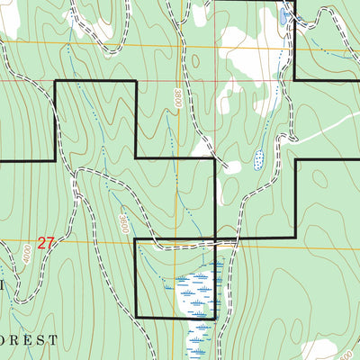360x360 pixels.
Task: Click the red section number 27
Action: (x=47, y=242)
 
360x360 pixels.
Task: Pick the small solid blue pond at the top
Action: (x=283, y=16)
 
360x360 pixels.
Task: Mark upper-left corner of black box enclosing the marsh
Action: (x=135, y=239)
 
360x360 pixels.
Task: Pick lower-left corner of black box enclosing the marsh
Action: (x=135, y=317)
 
